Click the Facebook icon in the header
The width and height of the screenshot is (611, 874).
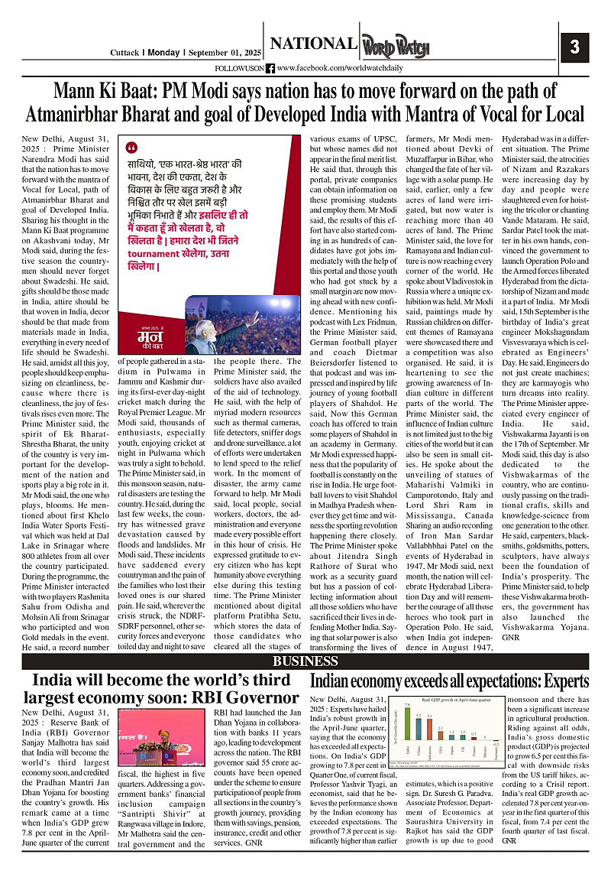pos(270,69)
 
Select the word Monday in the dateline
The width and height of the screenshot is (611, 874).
pos(163,53)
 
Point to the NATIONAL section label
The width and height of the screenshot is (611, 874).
pos(312,44)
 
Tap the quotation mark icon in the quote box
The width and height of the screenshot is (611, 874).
pos(131,147)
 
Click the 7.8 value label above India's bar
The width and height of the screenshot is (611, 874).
pos(407,704)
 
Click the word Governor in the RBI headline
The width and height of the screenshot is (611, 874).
pos(251,697)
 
